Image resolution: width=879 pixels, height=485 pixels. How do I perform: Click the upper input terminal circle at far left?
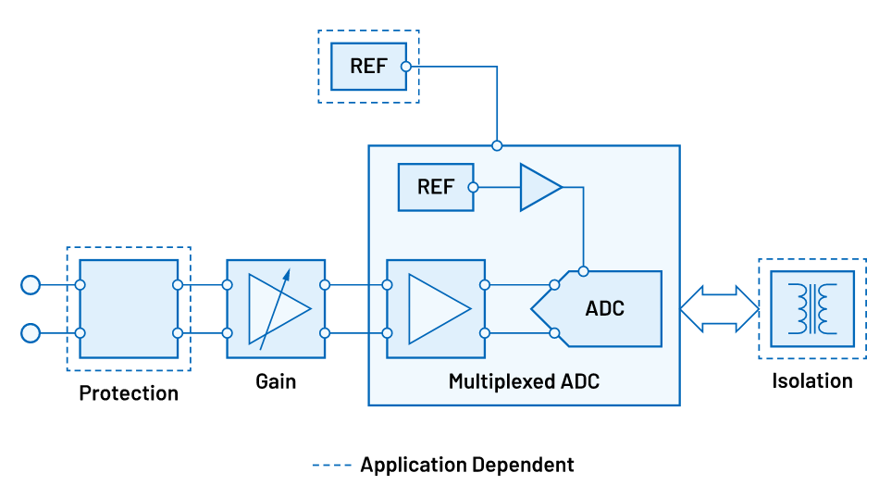[x=31, y=284]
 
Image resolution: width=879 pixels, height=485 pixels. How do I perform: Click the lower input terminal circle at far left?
[x=31, y=332]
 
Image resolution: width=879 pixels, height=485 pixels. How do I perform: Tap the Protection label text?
[x=129, y=393]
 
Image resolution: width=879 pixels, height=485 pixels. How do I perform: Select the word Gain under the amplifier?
[x=276, y=381]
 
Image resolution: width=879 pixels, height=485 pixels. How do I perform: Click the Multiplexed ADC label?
[x=524, y=381]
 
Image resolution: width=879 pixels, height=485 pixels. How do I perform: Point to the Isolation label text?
[x=812, y=380]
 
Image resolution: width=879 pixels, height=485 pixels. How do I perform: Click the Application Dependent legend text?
[x=467, y=464]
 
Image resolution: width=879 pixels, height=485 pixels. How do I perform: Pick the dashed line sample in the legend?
[x=331, y=464]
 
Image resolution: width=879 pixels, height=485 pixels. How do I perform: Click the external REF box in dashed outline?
[x=368, y=67]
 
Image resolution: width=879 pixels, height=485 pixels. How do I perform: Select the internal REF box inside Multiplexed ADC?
[x=435, y=187]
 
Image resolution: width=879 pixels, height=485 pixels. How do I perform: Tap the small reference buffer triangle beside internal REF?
[x=539, y=187]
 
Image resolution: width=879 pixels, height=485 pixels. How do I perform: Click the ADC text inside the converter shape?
[x=605, y=308]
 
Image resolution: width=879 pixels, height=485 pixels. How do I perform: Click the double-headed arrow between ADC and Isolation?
[x=719, y=308]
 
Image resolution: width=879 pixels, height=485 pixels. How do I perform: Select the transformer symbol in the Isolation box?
[x=811, y=308]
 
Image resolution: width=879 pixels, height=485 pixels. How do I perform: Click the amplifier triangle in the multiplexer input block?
[x=438, y=308]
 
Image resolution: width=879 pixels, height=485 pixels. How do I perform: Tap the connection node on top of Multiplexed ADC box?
[x=497, y=145]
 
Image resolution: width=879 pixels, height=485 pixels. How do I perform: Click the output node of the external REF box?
[x=405, y=67]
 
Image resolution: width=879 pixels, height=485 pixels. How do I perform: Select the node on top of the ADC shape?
[x=583, y=271]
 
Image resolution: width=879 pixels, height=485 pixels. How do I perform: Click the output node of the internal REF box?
[x=473, y=187]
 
